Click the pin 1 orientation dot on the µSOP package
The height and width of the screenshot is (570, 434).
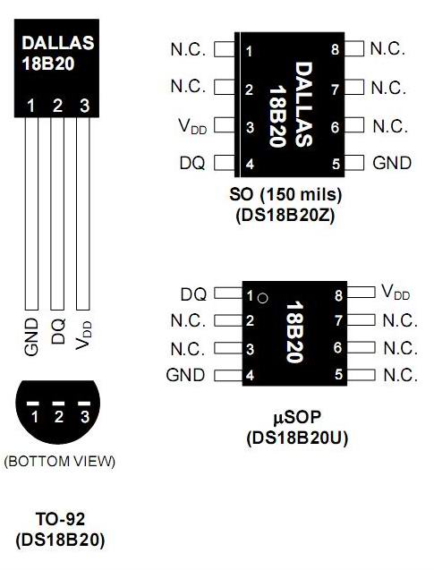pyautogui.click(x=262, y=298)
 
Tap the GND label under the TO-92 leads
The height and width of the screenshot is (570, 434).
pyautogui.click(x=31, y=337)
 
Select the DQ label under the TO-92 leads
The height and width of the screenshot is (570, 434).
pyautogui.click(x=58, y=331)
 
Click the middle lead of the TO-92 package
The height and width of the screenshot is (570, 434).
pyautogui.click(x=57, y=214)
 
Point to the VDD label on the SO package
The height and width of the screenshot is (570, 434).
pyautogui.click(x=192, y=127)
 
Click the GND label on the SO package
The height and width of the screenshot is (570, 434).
pyautogui.click(x=392, y=163)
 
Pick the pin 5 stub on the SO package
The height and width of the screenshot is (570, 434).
pyautogui.click(x=354, y=163)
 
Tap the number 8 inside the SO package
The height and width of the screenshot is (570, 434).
pyautogui.click(x=336, y=49)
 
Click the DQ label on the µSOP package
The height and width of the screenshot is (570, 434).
pyautogui.click(x=193, y=294)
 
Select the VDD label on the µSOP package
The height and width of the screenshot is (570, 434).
pyautogui.click(x=396, y=293)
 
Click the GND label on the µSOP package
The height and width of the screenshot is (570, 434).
pyautogui.click(x=185, y=375)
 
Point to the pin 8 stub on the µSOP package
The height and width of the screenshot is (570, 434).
pyautogui.click(x=361, y=292)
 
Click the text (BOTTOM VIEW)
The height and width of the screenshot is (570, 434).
pyautogui.click(x=60, y=462)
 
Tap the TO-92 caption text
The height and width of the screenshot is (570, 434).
pyautogui.click(x=60, y=519)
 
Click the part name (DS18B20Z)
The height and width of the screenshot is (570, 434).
pyautogui.click(x=285, y=216)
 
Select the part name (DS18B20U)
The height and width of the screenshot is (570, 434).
pyautogui.click(x=297, y=438)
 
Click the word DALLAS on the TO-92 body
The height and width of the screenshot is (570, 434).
pyautogui.click(x=58, y=43)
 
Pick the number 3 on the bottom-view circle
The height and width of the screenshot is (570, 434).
pyautogui.click(x=85, y=417)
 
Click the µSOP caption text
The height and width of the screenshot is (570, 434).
pyautogui.click(x=297, y=417)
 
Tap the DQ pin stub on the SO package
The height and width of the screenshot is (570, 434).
pyautogui.click(x=225, y=163)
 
